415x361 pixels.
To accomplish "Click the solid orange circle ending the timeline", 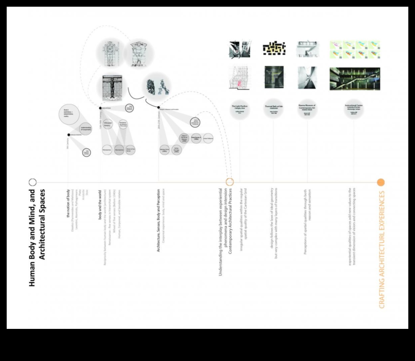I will (x=381, y=182).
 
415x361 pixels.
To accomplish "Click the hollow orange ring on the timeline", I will (x=230, y=182).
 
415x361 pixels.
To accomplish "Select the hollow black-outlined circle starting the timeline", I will (x=32, y=182).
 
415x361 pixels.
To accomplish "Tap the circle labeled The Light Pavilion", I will (x=240, y=109).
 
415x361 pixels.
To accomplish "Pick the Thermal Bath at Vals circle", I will (x=274, y=109).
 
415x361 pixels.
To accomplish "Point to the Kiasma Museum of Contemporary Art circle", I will (x=307, y=109).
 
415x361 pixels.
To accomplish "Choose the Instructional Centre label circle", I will (x=354, y=109).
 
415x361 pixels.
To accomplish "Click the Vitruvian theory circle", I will (x=107, y=124).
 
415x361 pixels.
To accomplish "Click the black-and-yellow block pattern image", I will (x=274, y=49).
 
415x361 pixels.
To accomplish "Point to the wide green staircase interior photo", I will (x=354, y=79).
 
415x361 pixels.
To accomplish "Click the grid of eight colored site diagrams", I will (x=354, y=50).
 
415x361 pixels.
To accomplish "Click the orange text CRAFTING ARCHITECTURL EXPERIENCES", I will (x=382, y=249).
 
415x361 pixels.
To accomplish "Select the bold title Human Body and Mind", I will (x=37, y=238).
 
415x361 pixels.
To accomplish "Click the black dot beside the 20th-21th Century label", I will (x=158, y=107).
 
